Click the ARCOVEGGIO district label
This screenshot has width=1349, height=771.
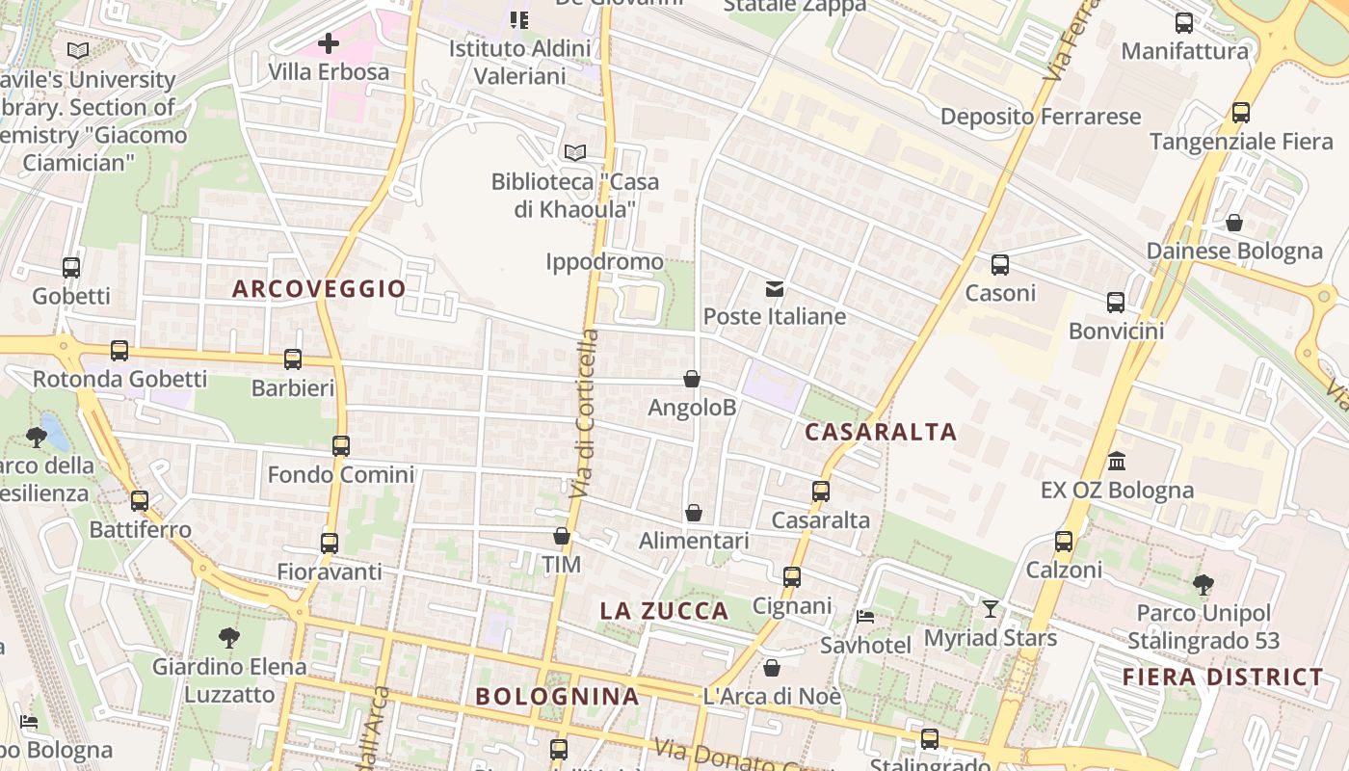319,288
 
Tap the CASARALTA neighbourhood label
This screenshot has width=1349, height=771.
881,432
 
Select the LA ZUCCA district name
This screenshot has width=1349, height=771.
664,610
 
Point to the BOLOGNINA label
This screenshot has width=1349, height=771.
557,696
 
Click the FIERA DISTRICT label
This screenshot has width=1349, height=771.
1223,677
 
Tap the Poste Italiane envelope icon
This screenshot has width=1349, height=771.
774,289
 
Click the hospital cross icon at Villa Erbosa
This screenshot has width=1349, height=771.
329,43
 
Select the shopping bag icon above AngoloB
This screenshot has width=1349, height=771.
692,379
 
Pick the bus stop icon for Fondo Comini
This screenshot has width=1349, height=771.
341,446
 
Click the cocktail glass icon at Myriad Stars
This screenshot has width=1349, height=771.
991,609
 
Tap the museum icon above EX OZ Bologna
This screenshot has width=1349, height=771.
1117,461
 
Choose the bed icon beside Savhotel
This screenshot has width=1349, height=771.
865,617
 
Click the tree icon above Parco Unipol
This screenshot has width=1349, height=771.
1203,584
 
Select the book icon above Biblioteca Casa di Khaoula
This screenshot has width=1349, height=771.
575,152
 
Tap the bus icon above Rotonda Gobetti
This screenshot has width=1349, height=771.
119,351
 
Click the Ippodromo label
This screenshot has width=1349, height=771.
604,261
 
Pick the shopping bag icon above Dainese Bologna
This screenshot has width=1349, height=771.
1234,223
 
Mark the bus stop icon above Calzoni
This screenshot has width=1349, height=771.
1064,542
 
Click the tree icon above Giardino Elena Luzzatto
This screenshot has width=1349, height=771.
228,637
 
